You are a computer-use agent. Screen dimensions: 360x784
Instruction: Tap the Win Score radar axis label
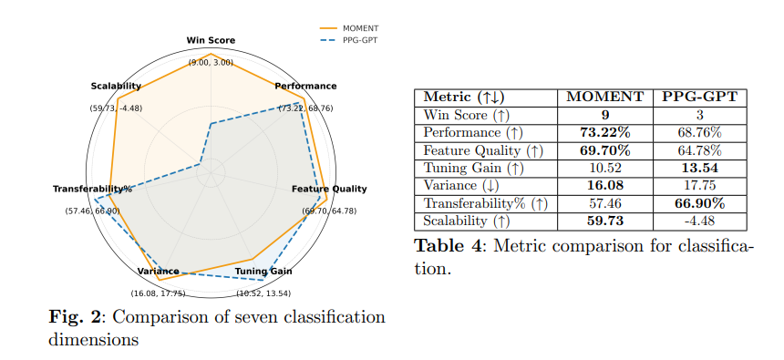pyautogui.click(x=211, y=41)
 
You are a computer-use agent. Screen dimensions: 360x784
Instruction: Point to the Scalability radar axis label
pyautogui.click(x=116, y=87)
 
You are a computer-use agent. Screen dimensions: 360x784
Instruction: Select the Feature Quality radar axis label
pyautogui.click(x=329, y=189)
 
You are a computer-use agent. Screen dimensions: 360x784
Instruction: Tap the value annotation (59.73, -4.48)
pyautogui.click(x=116, y=108)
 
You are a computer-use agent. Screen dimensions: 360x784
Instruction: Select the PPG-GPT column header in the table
pyautogui.click(x=699, y=98)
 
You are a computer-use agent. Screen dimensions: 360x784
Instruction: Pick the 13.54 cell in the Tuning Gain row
pyautogui.click(x=699, y=168)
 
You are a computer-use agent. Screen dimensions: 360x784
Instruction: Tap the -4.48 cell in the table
pyautogui.click(x=699, y=221)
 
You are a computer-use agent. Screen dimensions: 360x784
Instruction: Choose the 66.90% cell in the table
pyautogui.click(x=699, y=203)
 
